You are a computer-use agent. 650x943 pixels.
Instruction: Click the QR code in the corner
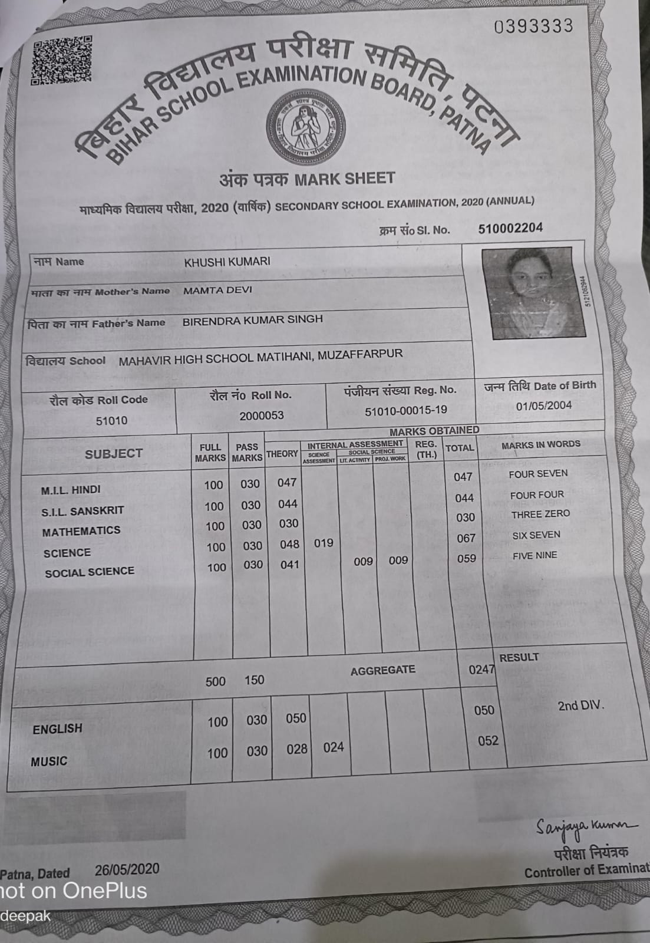(x=62, y=61)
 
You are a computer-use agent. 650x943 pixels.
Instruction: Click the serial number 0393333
(x=533, y=26)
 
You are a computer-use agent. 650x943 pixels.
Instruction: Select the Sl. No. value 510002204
(x=510, y=228)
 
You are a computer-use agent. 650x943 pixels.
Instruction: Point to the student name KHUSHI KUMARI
(x=227, y=262)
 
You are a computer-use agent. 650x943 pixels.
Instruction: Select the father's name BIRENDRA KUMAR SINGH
(x=252, y=320)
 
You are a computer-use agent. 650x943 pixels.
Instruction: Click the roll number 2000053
(x=261, y=416)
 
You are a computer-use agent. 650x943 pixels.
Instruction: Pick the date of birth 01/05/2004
(x=543, y=405)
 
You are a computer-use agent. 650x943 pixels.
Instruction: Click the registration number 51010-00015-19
(x=405, y=410)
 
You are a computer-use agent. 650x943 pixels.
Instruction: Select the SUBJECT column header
(x=113, y=454)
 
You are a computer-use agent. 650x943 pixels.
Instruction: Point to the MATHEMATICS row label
(x=81, y=532)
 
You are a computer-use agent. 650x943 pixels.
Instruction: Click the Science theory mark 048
(x=289, y=544)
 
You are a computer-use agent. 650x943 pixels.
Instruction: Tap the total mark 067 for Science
(x=466, y=538)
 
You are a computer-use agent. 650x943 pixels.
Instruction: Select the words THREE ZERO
(x=540, y=514)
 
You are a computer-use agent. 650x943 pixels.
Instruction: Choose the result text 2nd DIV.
(x=580, y=705)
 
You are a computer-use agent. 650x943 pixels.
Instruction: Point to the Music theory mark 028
(x=297, y=749)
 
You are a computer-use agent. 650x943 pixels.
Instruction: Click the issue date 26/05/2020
(x=127, y=869)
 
